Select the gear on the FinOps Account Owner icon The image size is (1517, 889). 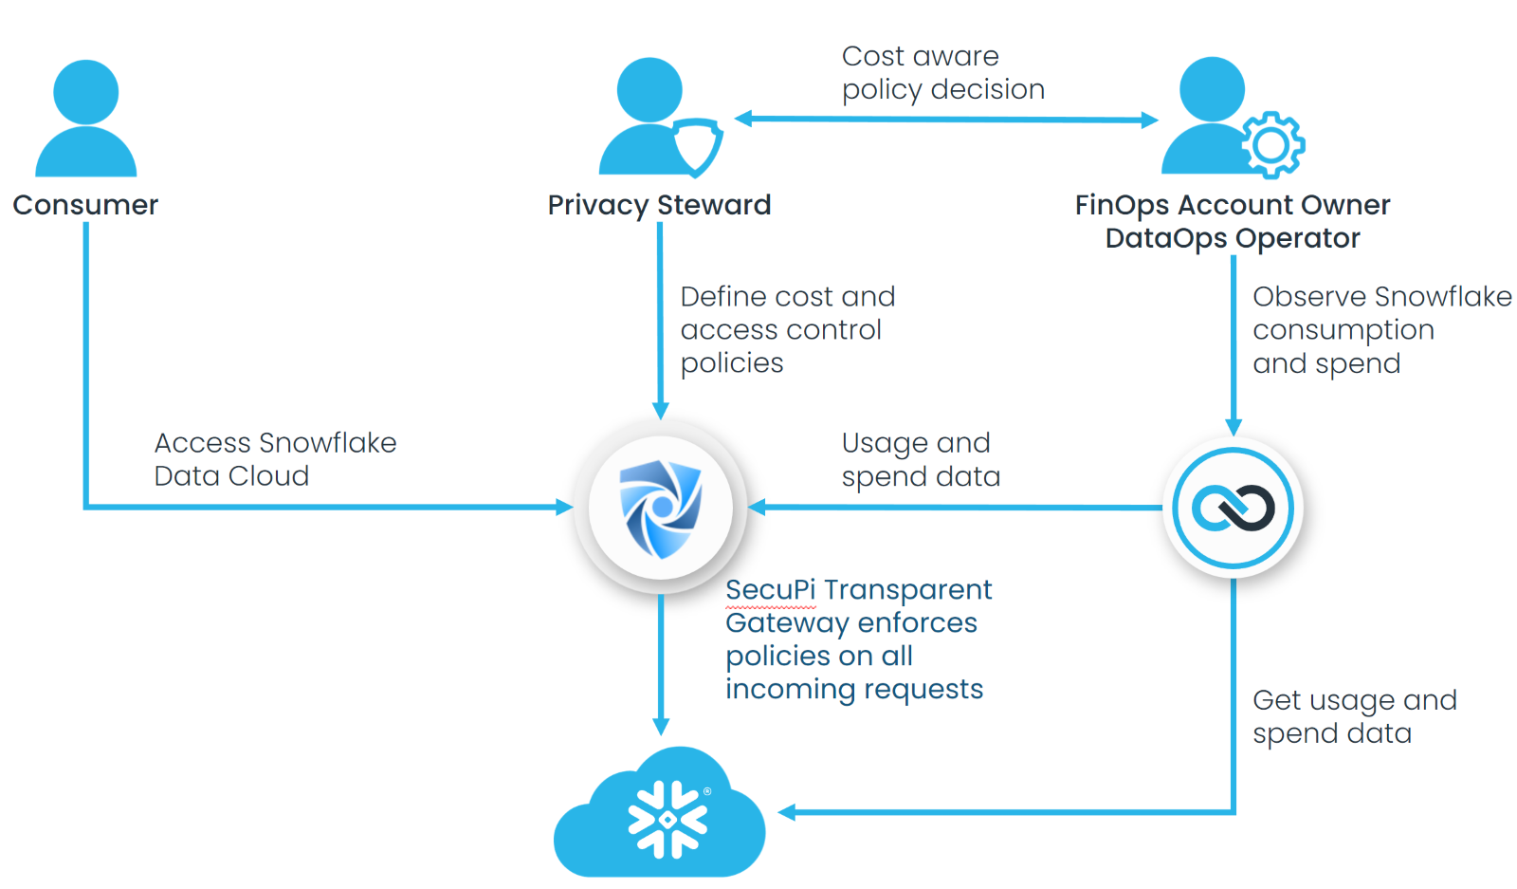[x=1272, y=145]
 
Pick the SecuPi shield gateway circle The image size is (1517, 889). [x=661, y=508]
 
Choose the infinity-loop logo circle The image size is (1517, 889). [x=1234, y=508]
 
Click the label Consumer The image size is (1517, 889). [x=85, y=205]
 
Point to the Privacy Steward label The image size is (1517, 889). [x=659, y=205]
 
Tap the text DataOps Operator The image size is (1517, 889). [x=1233, y=238]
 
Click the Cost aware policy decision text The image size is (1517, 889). [x=942, y=73]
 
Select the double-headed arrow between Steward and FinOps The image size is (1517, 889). [x=946, y=120]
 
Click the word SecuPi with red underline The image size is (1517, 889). [x=770, y=590]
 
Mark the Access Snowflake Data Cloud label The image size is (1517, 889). [x=275, y=459]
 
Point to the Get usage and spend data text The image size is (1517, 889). [x=1354, y=716]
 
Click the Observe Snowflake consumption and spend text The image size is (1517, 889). [x=1381, y=330]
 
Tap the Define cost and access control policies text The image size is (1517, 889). [x=787, y=330]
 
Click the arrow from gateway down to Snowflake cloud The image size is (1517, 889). [x=661, y=664]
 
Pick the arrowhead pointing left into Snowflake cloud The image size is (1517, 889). [x=787, y=812]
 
